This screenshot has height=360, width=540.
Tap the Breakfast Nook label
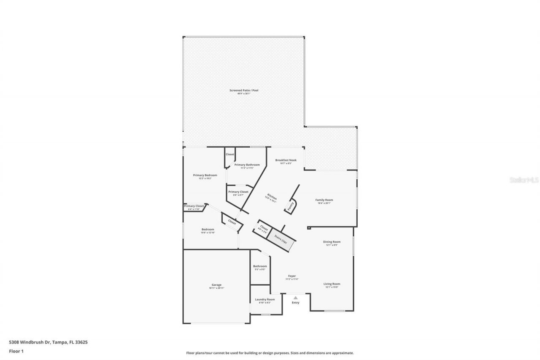[x=286, y=160]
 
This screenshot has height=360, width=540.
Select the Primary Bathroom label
[x=247, y=165]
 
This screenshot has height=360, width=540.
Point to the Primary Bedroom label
[x=205, y=175]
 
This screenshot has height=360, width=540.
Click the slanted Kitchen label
[x=271, y=198]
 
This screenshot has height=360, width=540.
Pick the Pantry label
[x=291, y=206]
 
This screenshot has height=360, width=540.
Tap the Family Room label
[x=324, y=200]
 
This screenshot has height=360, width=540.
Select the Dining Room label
[x=332, y=242]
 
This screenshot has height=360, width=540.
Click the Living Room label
[x=332, y=284]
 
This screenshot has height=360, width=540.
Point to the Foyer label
[x=292, y=276]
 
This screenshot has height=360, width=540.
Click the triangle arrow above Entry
[x=295, y=298]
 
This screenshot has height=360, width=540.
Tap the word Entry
[x=295, y=302]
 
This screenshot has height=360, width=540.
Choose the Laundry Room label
[x=265, y=300]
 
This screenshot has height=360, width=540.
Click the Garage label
[x=216, y=285]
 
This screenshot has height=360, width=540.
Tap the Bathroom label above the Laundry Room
[x=260, y=266]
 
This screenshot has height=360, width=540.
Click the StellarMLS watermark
[x=524, y=180]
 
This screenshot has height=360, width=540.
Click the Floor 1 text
[x=16, y=351]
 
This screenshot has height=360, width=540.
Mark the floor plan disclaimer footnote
[x=270, y=353]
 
